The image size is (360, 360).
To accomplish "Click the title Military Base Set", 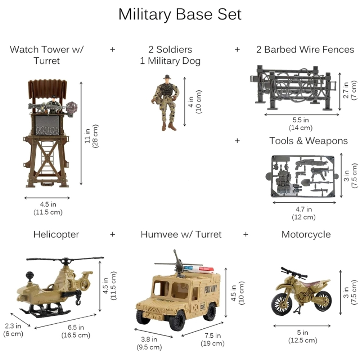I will (180, 15).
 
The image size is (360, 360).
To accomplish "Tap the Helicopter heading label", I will (56, 234).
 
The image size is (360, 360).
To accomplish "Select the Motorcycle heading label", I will (306, 234).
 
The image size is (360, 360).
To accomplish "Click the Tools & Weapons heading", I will (309, 141).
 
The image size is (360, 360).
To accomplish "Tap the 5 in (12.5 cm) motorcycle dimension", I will (302, 336).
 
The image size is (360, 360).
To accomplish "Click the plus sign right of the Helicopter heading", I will (113, 234).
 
